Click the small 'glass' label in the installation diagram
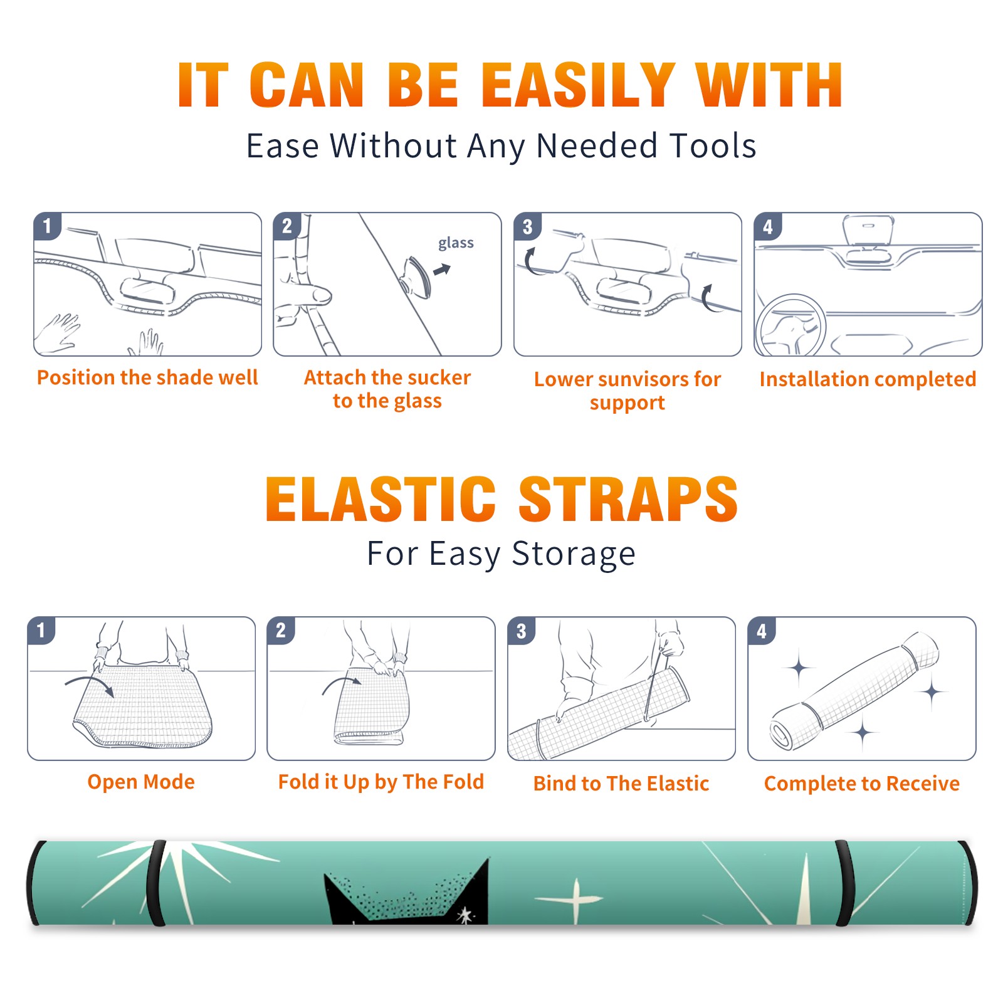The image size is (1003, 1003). coord(456,243)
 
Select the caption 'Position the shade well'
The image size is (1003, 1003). coord(147,377)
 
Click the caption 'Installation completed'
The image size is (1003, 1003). coord(868,379)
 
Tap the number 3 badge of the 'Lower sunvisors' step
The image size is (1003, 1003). coord(527,226)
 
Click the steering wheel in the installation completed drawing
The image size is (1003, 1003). coord(791,325)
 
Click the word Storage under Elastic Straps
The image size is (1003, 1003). coord(574,554)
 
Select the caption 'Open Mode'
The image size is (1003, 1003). coord(141,782)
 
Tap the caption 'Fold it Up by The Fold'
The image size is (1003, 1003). coord(381,782)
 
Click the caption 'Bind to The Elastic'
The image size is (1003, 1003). coord(621,784)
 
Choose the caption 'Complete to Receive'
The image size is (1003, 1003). coord(862,784)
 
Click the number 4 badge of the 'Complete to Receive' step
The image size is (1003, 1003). coord(762,631)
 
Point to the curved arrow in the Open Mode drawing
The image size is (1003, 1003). coord(89,679)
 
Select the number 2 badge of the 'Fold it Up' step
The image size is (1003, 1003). coord(280,631)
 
